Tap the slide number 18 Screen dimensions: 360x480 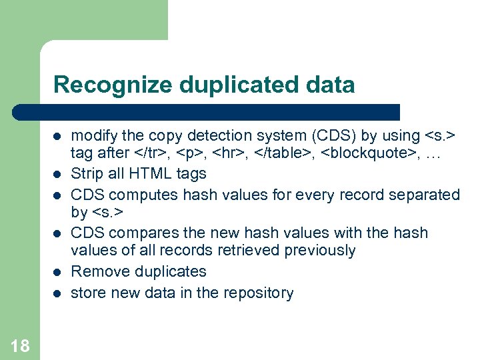coord(20,345)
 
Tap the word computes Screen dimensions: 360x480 coord(140,195)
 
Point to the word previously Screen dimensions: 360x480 coord(320,251)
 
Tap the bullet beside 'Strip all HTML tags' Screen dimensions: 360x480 coord(58,174)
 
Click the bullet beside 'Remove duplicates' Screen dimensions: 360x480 coord(58,272)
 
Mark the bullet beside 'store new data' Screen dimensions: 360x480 coord(58,293)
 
